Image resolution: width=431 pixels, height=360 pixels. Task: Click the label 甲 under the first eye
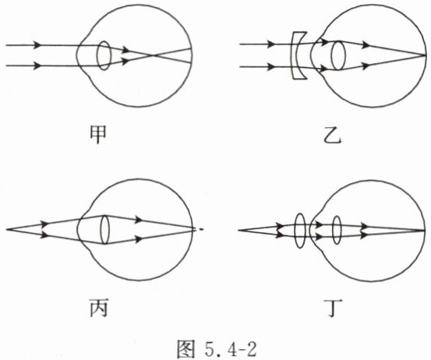pyautogui.click(x=98, y=135)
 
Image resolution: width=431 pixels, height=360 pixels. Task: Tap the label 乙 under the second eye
pyautogui.click(x=333, y=136)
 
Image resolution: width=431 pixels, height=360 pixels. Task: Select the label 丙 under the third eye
pyautogui.click(x=98, y=308)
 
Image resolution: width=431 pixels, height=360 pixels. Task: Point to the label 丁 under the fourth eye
pyautogui.click(x=333, y=308)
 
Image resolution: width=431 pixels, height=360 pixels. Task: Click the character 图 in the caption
pyautogui.click(x=186, y=349)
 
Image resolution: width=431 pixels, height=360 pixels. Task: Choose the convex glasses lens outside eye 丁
pyautogui.click(x=300, y=231)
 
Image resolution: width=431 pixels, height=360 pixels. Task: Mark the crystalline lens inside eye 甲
pyautogui.click(x=104, y=55)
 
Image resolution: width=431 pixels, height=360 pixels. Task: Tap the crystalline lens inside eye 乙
pyautogui.click(x=338, y=55)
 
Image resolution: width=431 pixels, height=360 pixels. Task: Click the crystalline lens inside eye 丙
pyautogui.click(x=104, y=230)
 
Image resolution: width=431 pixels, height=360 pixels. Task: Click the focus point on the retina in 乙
pyautogui.click(x=425, y=55)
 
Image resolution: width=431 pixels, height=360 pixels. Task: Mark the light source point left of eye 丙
pyautogui.click(x=6, y=229)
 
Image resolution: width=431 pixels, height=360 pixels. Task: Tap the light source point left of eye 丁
pyautogui.click(x=238, y=231)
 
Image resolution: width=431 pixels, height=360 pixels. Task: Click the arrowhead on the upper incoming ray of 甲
pyautogui.click(x=37, y=44)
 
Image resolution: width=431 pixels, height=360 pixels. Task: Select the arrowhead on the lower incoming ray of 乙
pyautogui.click(x=270, y=67)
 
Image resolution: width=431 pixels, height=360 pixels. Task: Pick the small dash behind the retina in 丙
pyautogui.click(x=202, y=229)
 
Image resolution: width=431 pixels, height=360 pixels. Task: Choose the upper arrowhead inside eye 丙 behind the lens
pyautogui.click(x=139, y=220)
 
